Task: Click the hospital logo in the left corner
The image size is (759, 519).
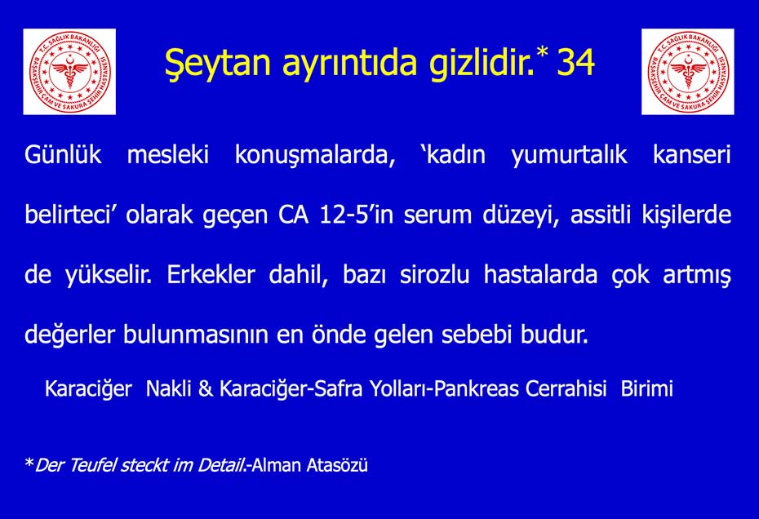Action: [69, 72]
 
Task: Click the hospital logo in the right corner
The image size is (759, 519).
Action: [688, 72]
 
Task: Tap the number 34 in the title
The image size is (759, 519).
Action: [575, 63]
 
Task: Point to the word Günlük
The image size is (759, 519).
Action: [63, 155]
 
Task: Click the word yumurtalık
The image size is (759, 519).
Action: [570, 156]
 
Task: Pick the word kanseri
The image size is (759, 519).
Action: [692, 155]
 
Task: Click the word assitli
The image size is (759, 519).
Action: [600, 215]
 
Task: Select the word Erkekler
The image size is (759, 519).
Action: [211, 274]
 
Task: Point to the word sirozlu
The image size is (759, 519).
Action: [435, 274]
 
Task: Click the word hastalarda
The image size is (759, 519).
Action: [541, 274]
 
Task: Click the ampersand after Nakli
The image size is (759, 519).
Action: [205, 388]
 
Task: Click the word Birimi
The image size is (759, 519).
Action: [646, 388]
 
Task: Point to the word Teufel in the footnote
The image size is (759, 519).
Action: [92, 465]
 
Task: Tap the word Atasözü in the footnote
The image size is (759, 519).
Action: [337, 465]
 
